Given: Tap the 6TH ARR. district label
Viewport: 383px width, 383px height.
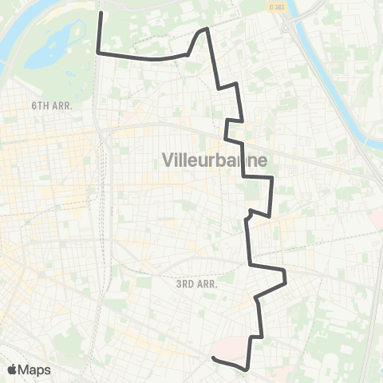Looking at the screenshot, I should click(x=50, y=105).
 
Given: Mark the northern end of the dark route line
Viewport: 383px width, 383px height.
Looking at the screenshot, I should click(x=99, y=13).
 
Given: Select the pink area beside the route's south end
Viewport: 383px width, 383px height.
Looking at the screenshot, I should click(x=231, y=349).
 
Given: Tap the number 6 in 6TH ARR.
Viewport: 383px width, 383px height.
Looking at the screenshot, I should click(x=34, y=105).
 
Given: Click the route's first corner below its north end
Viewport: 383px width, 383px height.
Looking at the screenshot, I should click(x=98, y=53).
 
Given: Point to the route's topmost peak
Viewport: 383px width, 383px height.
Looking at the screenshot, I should click(x=207, y=28).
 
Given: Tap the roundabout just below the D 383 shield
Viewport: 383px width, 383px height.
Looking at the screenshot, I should click(x=286, y=26).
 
